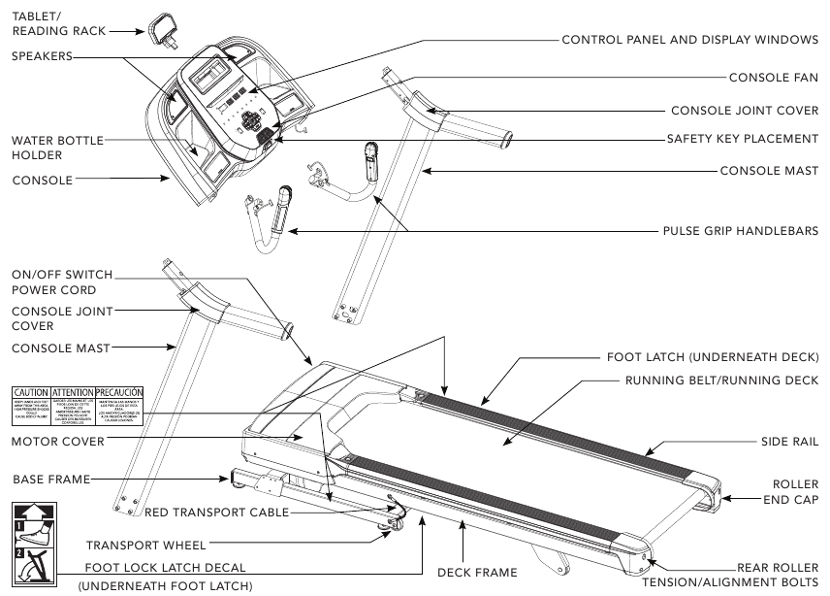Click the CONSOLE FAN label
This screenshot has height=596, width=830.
point(774,77)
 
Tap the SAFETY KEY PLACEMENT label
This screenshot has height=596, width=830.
point(743,139)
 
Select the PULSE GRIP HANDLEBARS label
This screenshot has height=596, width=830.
point(740,231)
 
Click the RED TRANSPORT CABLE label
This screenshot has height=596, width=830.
point(215,512)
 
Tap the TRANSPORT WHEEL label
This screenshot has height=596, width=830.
point(145,545)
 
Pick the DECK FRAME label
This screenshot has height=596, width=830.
point(478,572)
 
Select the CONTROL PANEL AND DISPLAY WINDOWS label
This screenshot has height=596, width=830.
point(690,41)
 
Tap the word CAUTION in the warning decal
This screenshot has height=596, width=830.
point(30,389)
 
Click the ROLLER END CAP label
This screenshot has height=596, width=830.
point(795,491)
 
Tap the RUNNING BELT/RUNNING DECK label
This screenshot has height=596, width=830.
point(721,380)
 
